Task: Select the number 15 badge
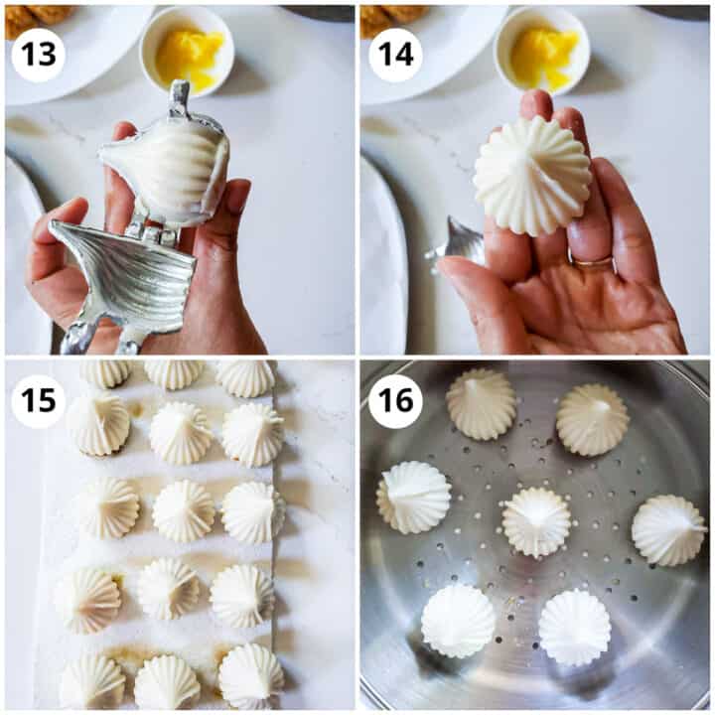point(38,401)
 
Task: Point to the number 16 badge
point(395,401)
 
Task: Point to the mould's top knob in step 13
point(179,97)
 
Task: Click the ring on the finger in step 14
point(594,262)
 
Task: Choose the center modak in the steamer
point(536,521)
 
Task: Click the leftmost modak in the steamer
point(413,497)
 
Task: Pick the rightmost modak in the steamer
point(668,529)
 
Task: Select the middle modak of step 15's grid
point(183,510)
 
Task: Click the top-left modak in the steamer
point(482,403)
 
